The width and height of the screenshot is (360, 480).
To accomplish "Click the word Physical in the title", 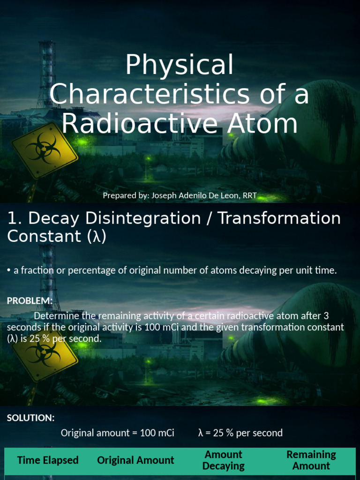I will click(x=179, y=66).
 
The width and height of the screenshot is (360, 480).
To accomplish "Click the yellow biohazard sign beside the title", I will click(x=44, y=150).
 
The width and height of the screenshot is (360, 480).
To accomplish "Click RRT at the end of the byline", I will click(x=249, y=195).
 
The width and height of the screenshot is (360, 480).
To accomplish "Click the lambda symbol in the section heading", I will click(x=97, y=237).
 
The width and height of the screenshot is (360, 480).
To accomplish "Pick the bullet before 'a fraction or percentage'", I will click(x=9, y=270).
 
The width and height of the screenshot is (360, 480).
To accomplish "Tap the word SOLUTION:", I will click(x=31, y=418).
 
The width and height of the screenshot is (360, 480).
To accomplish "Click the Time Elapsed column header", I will click(x=48, y=460).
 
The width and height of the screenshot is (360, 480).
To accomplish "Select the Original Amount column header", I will click(x=135, y=460).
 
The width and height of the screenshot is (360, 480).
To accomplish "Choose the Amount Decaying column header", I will click(x=224, y=460).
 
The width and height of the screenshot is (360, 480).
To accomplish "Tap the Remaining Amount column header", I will click(x=311, y=460).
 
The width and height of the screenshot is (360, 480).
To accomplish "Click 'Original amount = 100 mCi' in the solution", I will click(x=117, y=433).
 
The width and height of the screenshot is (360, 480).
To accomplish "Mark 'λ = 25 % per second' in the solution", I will click(x=240, y=433).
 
